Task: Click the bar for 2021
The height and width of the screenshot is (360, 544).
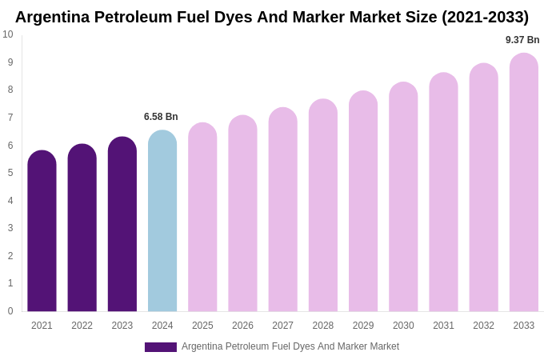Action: pos(42,232)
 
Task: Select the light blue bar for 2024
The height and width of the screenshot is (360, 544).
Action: pos(162,222)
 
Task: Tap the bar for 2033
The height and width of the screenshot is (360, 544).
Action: pos(524,183)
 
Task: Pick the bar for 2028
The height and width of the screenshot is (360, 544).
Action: pos(323,206)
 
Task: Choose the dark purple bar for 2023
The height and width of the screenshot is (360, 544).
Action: pos(122,225)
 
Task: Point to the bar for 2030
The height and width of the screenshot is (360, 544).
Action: pos(403,198)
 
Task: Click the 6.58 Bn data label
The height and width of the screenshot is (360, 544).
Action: pos(161,117)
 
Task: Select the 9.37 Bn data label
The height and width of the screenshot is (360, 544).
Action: pos(522,40)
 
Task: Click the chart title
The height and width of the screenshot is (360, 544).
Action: pos(272,17)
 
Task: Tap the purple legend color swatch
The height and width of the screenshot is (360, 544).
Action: pos(160,347)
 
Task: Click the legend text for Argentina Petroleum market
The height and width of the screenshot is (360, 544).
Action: pos(290,346)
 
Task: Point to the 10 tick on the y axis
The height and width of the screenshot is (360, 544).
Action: pos(8,34)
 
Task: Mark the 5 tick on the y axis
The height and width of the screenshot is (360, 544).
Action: pos(10,173)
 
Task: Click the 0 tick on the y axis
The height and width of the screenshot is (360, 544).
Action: pos(10,311)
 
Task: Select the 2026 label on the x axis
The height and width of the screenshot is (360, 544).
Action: pos(242,326)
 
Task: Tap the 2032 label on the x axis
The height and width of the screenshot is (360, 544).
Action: pos(483,326)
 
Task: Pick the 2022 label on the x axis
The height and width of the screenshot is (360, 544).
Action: pos(82,326)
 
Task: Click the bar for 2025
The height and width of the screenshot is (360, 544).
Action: pos(202,218)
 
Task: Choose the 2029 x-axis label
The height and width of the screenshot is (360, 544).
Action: pos(363,326)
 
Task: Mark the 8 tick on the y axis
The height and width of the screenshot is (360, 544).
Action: pos(10,90)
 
